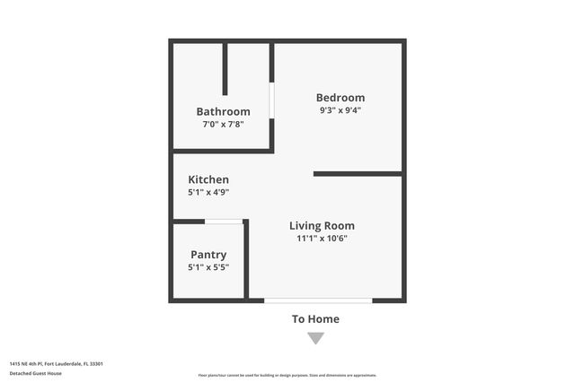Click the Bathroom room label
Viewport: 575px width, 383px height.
223,112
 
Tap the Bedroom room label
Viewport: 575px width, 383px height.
340,98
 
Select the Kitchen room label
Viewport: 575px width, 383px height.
208,179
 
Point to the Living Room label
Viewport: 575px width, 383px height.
322,226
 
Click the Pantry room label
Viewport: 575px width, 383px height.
208,255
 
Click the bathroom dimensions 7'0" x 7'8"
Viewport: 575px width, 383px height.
223,125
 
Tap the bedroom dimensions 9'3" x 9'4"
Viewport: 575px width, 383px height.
340,110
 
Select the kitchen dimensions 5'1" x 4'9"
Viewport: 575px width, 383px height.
208,192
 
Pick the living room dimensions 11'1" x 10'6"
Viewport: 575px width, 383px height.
322,239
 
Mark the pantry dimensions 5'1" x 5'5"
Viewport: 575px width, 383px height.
208,267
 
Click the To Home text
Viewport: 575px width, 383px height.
315,319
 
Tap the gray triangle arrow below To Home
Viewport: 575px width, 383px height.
315,338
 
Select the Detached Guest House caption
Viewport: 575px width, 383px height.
36,373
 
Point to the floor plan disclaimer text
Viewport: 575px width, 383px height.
287,375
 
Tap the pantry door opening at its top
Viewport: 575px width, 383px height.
224,222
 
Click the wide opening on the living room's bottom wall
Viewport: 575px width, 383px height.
318,300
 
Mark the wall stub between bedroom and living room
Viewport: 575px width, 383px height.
358,173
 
